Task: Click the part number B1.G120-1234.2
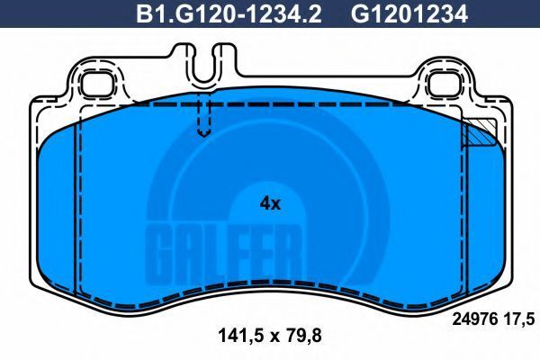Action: pyautogui.click(x=229, y=14)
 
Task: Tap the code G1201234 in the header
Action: pyautogui.click(x=409, y=14)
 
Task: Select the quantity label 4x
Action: pyautogui.click(x=270, y=204)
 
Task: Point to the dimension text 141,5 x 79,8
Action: pyautogui.click(x=270, y=335)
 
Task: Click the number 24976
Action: pyautogui.click(x=475, y=319)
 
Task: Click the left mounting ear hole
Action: pyautogui.click(x=98, y=85)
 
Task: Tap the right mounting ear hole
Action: pyautogui.click(x=445, y=85)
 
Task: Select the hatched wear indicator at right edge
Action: pyautogui.click(x=479, y=132)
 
